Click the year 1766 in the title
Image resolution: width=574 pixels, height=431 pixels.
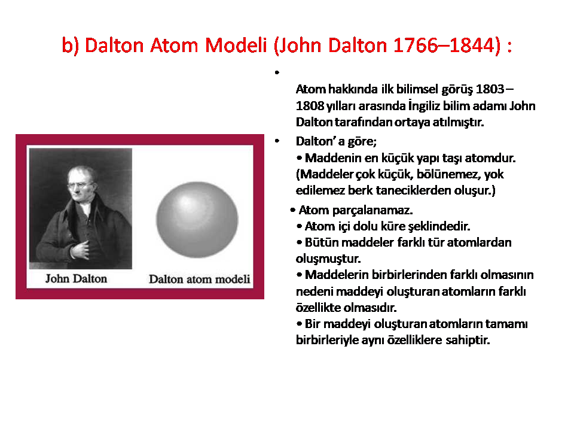415,45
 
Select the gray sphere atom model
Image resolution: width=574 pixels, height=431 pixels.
197,220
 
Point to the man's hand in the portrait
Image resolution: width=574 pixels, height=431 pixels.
80,250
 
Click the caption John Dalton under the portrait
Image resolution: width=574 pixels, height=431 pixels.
76,279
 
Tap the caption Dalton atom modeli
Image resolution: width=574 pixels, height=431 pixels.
199,280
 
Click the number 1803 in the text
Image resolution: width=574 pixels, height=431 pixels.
490,89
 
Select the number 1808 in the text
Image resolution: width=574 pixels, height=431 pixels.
310,106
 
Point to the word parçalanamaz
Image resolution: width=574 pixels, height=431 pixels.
373,210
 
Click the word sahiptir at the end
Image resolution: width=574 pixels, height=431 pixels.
468,340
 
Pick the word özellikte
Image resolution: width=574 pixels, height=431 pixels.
318,308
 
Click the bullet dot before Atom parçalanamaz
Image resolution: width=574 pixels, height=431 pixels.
292,210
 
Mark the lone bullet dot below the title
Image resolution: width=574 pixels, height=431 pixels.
277,72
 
